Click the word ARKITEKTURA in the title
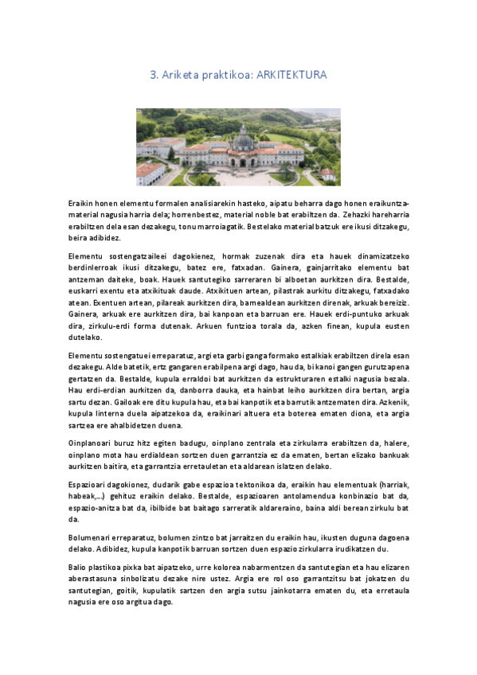tap(292, 75)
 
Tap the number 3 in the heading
tap(153, 75)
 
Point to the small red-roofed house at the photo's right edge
tap(326, 173)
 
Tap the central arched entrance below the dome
tap(242, 162)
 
